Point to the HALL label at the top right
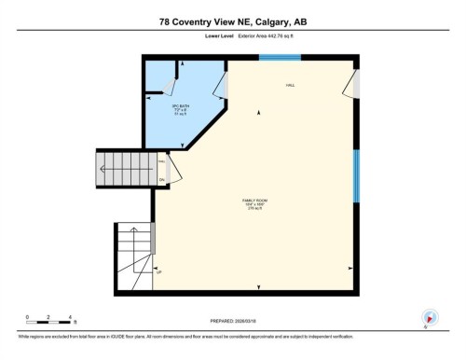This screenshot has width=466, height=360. pos(291,86)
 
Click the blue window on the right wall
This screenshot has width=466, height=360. pos(355,176)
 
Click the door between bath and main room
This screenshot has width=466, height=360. pos(220,86)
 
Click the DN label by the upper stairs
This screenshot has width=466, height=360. pos(161,179)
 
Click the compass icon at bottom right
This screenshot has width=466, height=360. pos(429,317)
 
